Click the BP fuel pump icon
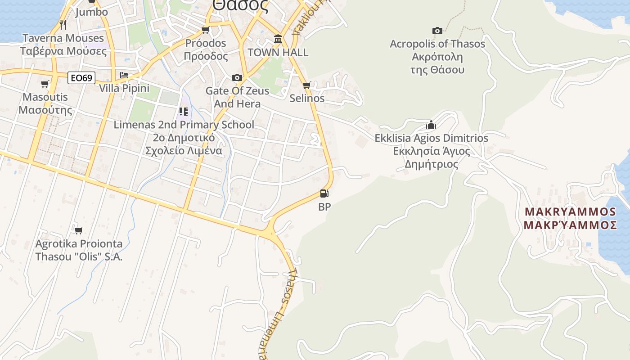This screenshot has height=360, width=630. point(324,194)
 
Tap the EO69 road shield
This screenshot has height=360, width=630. point(82,78)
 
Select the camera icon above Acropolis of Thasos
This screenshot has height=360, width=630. point(437,31)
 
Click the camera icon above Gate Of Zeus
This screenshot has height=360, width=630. point(237,77)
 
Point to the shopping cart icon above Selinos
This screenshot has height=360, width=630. point(307,85)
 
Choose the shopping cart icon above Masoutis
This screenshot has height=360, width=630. point(45,84)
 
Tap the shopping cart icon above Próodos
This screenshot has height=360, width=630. point(206,30)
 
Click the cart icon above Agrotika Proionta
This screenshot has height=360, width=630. point(79,230)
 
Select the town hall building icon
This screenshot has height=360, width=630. point(278,40)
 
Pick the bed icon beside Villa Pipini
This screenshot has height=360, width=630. point(124,75)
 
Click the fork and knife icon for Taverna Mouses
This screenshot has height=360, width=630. point(63,24)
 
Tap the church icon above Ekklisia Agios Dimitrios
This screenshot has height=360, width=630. point(431,125)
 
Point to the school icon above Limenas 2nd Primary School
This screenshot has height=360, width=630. point(183,111)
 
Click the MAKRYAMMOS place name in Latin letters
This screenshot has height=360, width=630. point(570,211)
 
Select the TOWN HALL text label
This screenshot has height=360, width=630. point(278,53)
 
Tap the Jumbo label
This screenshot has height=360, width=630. point(91,12)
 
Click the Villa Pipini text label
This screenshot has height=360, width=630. point(124,88)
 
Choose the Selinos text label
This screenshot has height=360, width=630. point(307,98)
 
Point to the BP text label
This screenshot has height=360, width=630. point(324,207)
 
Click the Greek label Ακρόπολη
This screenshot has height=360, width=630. point(437,57)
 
